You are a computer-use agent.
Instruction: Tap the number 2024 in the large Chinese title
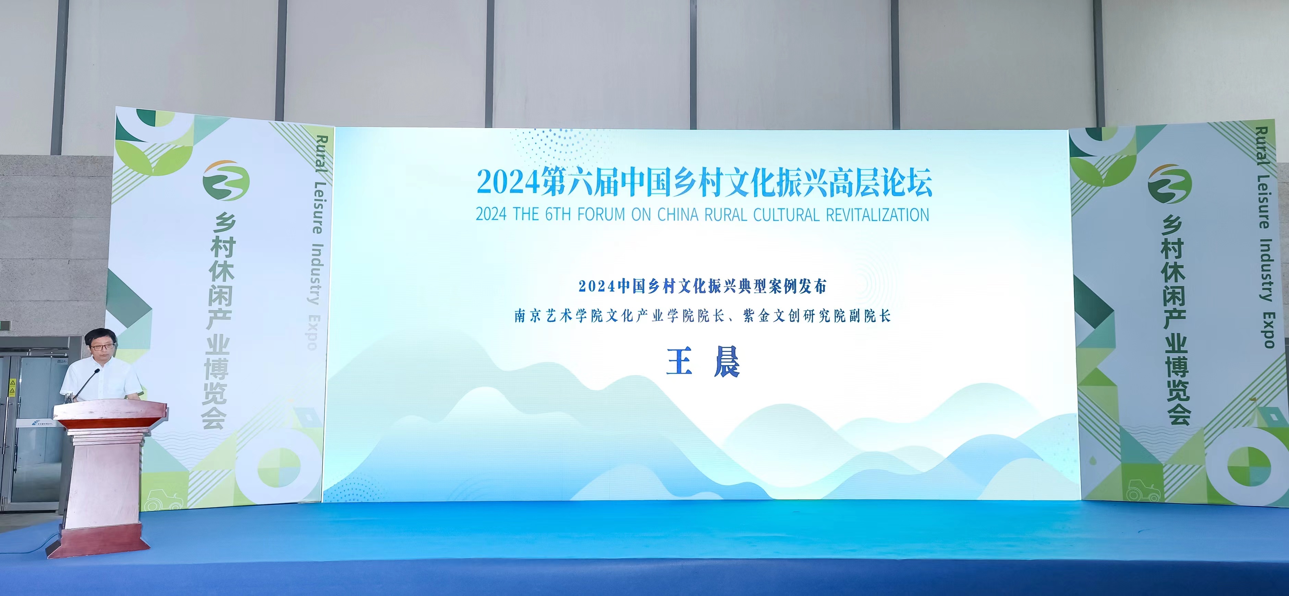click(x=508, y=183)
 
